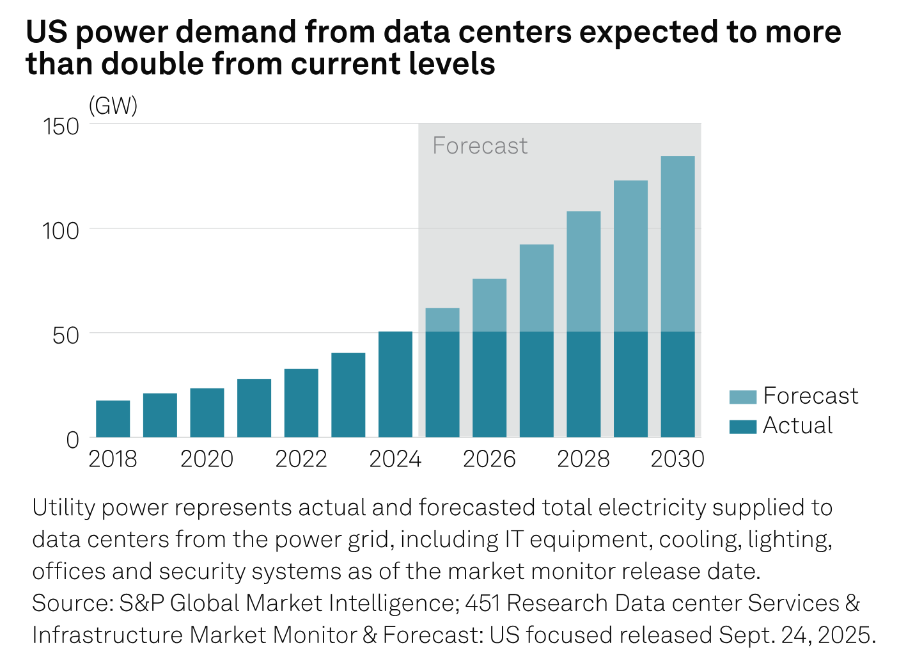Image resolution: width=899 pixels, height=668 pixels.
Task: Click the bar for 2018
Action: point(113,418)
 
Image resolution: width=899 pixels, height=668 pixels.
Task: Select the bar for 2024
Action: point(395,384)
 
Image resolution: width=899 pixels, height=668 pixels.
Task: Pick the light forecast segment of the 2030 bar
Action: point(677,244)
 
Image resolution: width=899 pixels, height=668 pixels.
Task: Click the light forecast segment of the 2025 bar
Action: point(442,320)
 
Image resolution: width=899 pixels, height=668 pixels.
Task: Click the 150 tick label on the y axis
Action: point(61,127)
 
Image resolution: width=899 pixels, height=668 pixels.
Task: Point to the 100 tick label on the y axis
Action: point(61,230)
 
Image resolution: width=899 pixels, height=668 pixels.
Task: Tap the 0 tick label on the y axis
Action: point(72,440)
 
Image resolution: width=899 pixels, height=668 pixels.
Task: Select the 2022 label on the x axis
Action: point(301,459)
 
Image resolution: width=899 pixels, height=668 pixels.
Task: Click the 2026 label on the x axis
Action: point(489,459)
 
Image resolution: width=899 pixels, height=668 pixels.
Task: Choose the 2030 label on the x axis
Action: point(677,459)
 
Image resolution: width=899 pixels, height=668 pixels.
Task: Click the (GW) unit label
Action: point(113,106)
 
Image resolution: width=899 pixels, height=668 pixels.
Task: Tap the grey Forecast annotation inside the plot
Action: point(480,146)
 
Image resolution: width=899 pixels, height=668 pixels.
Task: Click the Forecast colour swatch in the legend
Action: point(742,397)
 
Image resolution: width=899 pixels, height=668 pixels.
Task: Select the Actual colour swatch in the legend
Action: point(742,426)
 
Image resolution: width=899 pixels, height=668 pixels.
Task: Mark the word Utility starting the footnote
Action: point(63,507)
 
